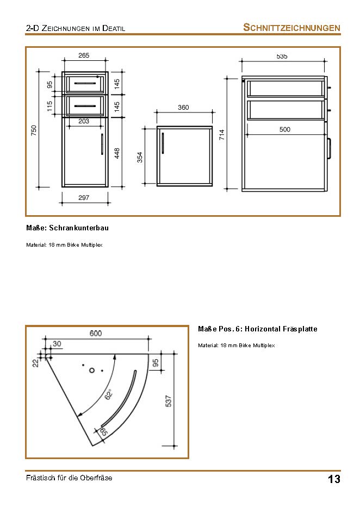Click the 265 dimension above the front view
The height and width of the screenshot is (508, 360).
tap(84, 55)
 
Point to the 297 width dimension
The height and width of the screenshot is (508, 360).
tap(84, 198)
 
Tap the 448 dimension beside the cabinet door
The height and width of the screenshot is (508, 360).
tap(117, 153)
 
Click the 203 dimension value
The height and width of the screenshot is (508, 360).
tap(84, 121)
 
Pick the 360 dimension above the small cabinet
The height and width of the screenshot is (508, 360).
tap(183, 108)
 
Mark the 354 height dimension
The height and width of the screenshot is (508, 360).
tap(140, 157)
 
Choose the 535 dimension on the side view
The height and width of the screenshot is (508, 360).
tap(282, 56)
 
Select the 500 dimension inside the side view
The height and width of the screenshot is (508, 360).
tap(285, 129)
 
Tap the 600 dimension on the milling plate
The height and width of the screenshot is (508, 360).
tap(96, 334)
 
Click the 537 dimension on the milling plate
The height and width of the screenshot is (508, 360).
tap(169, 401)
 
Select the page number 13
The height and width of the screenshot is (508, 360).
tap(334, 479)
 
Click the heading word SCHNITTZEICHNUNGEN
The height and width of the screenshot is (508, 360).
tap(291, 28)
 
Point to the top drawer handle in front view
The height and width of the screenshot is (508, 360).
tap(85, 84)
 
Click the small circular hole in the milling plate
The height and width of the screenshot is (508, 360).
tap(92, 370)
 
